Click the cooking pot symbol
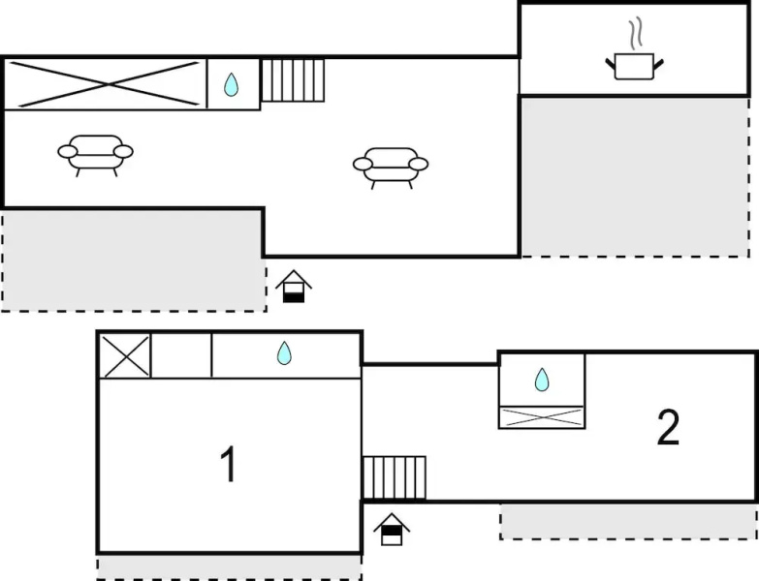tap(634, 66)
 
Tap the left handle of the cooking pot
tap(611, 63)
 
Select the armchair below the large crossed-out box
tap(95, 156)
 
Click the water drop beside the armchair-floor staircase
tap(232, 84)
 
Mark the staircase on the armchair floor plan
tap(293, 80)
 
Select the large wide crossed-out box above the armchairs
tap(106, 84)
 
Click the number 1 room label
tap(229, 464)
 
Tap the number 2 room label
tap(668, 427)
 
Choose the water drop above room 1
tap(284, 352)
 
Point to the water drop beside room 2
tap(542, 380)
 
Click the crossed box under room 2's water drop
tap(542, 417)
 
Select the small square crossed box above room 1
tap(126, 356)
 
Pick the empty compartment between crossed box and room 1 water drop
tap(181, 356)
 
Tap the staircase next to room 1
tap(394, 477)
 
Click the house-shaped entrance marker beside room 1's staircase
tap(392, 530)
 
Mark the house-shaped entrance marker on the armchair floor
tap(294, 287)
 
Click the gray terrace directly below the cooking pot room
tap(634, 176)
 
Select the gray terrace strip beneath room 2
tap(628, 522)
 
